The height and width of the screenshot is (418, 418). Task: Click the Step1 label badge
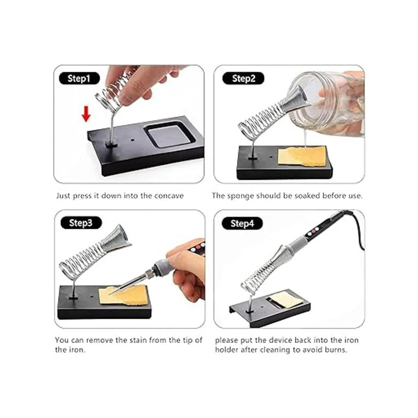[x=79, y=78]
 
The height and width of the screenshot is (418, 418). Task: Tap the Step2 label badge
[x=243, y=78]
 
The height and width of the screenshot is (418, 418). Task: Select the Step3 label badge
[x=81, y=223]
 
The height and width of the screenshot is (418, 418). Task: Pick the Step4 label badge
[x=242, y=223]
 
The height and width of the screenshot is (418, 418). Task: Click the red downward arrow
[x=86, y=114]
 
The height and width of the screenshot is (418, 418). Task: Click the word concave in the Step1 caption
[x=169, y=196]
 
